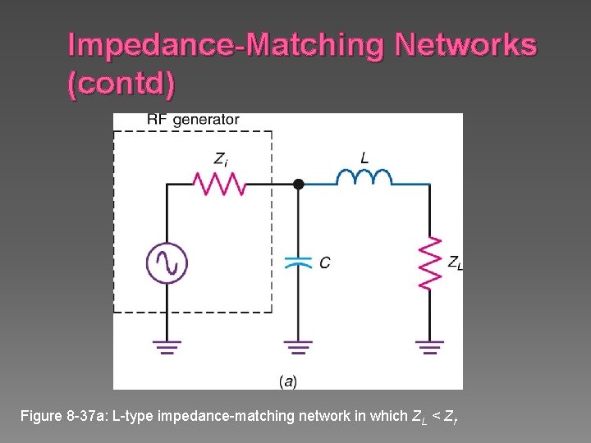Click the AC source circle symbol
tap(167, 263)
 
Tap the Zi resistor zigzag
tap(219, 184)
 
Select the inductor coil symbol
tap(364, 178)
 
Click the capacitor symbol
tap(298, 262)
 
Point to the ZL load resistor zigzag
tap(430, 263)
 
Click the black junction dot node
tap(299, 185)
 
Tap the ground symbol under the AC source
tap(167, 347)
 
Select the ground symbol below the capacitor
tap(298, 347)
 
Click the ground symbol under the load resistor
tap(430, 347)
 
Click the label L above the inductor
tap(364, 157)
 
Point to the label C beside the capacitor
tap(325, 263)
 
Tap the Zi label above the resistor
tap(221, 158)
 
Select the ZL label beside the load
tap(455, 263)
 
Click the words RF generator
tap(193, 120)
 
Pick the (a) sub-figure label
tap(288, 381)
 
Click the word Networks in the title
tap(465, 45)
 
